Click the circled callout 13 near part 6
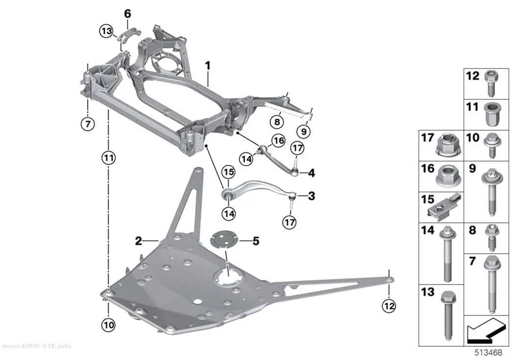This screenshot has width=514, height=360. point(106,31)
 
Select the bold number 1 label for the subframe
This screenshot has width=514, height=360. point(208,66)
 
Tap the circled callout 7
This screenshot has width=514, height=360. point(88,124)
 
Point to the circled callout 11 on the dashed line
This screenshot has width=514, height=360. point(109,158)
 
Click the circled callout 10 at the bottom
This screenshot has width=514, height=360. point(109,325)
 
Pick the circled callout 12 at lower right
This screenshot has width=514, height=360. point(389,306)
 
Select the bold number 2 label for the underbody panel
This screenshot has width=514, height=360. point(139,241)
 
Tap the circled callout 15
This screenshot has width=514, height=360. point(229,172)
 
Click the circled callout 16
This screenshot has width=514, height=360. point(279,141)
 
